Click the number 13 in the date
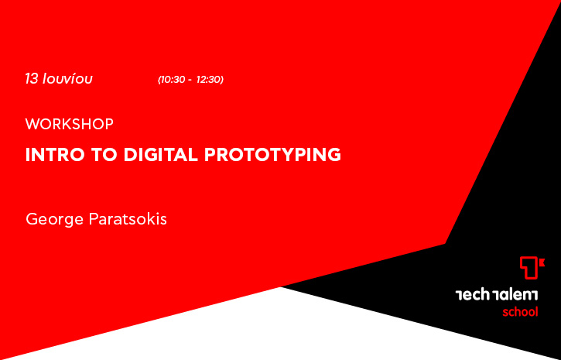click(x=32, y=79)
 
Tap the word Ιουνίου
click(x=67, y=78)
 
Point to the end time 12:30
click(x=209, y=80)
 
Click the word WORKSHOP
click(x=70, y=124)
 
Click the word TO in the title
click(x=104, y=155)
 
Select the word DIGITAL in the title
click(x=161, y=155)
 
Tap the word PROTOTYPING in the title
click(x=272, y=155)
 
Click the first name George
click(x=54, y=219)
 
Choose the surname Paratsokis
click(x=128, y=218)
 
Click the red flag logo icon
click(x=532, y=267)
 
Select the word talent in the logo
click(x=515, y=295)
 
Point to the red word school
click(x=520, y=312)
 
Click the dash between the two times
click(x=190, y=81)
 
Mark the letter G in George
click(x=32, y=219)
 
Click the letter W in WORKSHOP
click(x=32, y=124)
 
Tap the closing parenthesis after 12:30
click(x=222, y=80)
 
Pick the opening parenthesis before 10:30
click(x=159, y=80)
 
